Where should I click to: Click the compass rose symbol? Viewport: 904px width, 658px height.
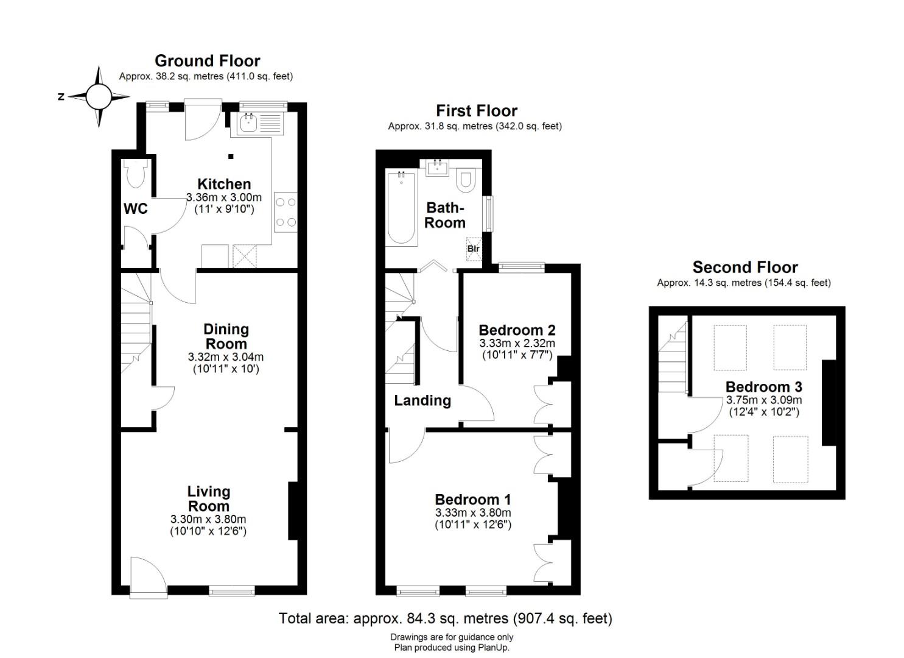[x=99, y=96]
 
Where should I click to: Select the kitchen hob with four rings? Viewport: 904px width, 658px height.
[x=286, y=212]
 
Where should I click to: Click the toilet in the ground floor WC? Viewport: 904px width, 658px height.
[x=136, y=174]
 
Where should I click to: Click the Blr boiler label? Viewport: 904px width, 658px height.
[x=474, y=249]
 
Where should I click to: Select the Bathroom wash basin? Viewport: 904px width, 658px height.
[x=438, y=168]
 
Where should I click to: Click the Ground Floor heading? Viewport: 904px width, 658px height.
[x=208, y=61]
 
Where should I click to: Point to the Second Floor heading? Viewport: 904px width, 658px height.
[x=745, y=267]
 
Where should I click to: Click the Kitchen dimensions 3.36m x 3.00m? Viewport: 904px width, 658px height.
[x=224, y=198]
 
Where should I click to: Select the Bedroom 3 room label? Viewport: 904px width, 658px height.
[x=764, y=387]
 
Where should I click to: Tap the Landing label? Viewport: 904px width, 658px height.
[x=422, y=400]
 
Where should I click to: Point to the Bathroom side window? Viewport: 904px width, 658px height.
[x=489, y=214]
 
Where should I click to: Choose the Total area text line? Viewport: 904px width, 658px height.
[x=446, y=618]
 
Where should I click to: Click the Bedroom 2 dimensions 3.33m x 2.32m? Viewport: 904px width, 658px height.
[x=517, y=344]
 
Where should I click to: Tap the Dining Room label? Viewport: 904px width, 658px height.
[x=226, y=336]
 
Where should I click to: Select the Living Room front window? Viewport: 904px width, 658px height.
[x=232, y=592]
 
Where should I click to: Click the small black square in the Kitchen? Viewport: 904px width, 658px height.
[x=231, y=157]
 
